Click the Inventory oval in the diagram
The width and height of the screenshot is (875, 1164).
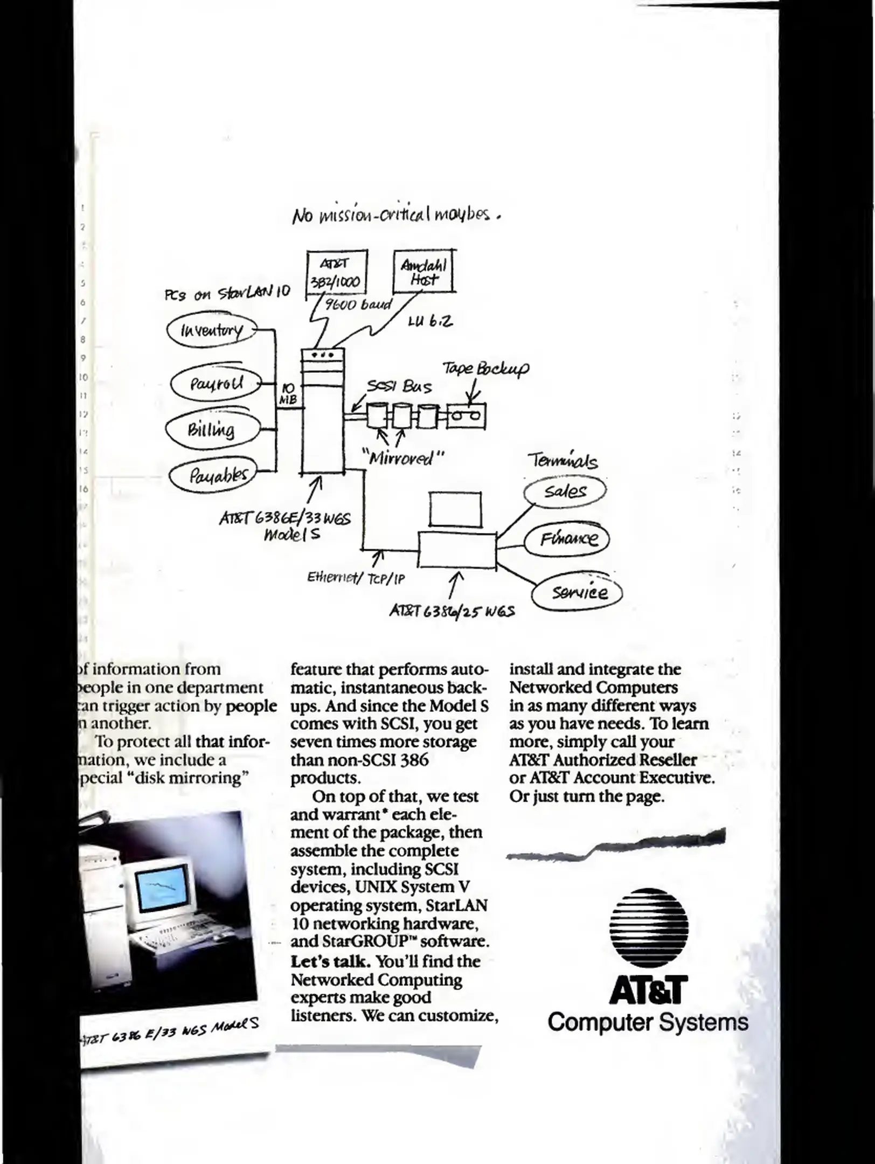pyautogui.click(x=212, y=330)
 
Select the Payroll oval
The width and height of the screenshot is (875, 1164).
pyautogui.click(x=216, y=384)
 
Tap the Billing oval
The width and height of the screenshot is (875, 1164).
pyautogui.click(x=212, y=429)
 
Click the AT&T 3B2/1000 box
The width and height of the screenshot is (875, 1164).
pyautogui.click(x=337, y=273)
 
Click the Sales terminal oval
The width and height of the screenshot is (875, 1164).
pyautogui.click(x=565, y=491)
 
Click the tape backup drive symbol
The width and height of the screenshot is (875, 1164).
pyautogui.click(x=466, y=416)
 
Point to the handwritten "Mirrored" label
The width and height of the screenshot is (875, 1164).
pyautogui.click(x=403, y=458)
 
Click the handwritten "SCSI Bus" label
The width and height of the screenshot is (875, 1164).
pyautogui.click(x=399, y=387)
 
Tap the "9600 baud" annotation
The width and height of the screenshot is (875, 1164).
pyautogui.click(x=357, y=304)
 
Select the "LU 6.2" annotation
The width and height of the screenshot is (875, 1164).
pyautogui.click(x=430, y=321)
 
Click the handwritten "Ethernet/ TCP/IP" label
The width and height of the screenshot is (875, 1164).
pyautogui.click(x=356, y=578)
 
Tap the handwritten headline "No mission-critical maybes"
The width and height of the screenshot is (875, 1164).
pyautogui.click(x=396, y=215)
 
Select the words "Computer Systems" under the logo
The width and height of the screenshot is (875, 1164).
pyautogui.click(x=648, y=1022)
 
